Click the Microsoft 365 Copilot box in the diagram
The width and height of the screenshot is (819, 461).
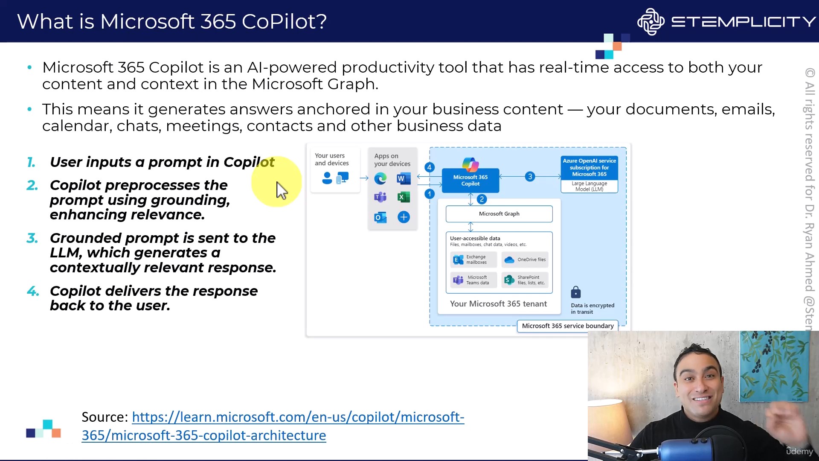click(470, 180)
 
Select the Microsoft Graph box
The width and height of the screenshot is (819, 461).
click(499, 214)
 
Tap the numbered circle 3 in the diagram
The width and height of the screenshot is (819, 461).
click(530, 176)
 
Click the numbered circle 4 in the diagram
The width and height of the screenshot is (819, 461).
click(430, 167)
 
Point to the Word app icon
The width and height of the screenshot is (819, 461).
click(403, 178)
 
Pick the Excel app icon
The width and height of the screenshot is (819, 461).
click(403, 197)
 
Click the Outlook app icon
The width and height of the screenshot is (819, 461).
click(380, 217)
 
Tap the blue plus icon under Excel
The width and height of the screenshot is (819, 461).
click(404, 217)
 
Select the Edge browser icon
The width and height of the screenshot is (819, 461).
click(380, 178)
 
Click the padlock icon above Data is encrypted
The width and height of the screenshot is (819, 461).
click(576, 292)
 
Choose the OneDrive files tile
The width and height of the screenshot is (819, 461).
click(525, 260)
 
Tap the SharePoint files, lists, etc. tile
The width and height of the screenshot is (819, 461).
click(525, 280)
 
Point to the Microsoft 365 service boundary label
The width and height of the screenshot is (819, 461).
click(568, 326)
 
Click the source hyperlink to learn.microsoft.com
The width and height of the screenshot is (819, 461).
click(273, 426)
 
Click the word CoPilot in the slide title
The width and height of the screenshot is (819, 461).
click(284, 21)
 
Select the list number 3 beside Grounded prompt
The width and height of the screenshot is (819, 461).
click(32, 238)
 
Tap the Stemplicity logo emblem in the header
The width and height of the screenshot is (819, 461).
click(651, 21)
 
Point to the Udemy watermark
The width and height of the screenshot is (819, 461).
click(800, 451)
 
